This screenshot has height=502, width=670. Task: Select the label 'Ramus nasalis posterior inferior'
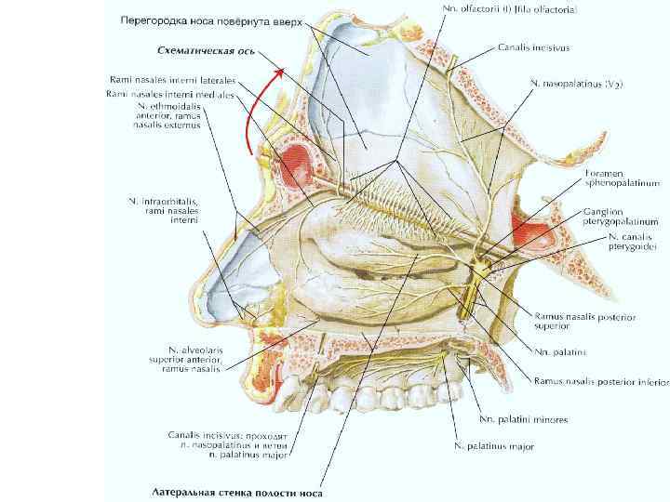coord(601,381)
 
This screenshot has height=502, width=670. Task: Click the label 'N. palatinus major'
coord(494,447)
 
